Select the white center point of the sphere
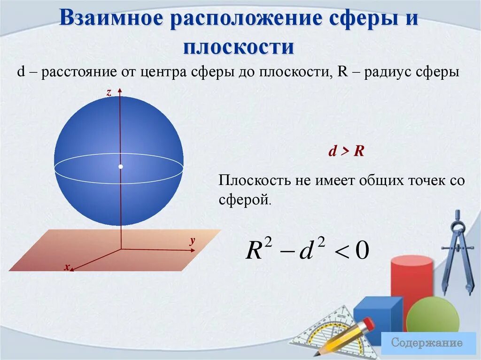[121, 167]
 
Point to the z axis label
[109, 93]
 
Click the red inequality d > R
[347, 152]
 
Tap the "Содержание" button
[427, 342]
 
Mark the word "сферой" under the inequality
[244, 200]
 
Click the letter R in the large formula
[254, 251]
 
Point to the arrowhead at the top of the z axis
[121, 90]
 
